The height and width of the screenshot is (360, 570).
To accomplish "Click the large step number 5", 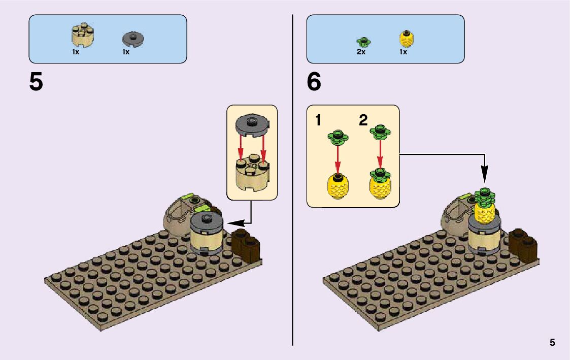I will pyautogui.click(x=36, y=82).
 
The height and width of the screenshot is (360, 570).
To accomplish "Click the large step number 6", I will pyautogui.click(x=314, y=82).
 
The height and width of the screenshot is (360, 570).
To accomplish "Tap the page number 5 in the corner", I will pyautogui.click(x=552, y=343).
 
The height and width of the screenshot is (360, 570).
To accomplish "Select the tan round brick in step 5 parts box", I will pyautogui.click(x=83, y=36).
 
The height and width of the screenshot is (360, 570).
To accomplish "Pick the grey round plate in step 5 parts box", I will pyautogui.click(x=133, y=39).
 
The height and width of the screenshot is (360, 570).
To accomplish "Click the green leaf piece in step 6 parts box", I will pyautogui.click(x=362, y=41).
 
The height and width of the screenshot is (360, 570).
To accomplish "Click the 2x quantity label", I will pyautogui.click(x=361, y=52).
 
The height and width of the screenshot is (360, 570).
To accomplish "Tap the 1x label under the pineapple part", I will pyautogui.click(x=403, y=52).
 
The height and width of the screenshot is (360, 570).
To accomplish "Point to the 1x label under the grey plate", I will pyautogui.click(x=126, y=52).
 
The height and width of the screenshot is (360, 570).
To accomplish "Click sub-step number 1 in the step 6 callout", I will pyautogui.click(x=318, y=121).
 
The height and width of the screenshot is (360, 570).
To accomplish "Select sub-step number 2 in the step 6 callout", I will pyautogui.click(x=363, y=121).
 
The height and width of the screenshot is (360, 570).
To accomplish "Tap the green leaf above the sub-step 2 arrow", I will pyautogui.click(x=380, y=132).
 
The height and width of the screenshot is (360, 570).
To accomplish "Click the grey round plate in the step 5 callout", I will pyautogui.click(x=252, y=124).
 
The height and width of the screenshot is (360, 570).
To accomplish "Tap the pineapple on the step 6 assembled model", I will pyautogui.click(x=485, y=211).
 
